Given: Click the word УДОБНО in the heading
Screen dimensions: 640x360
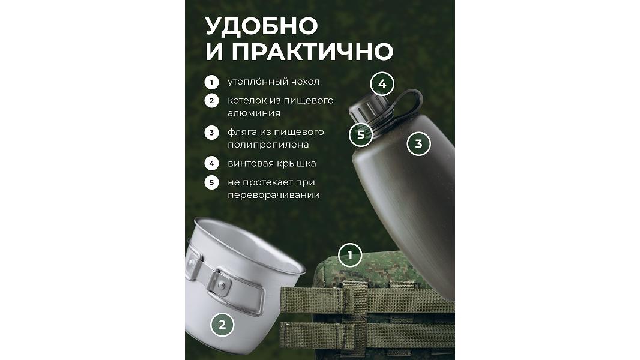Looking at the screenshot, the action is pyautogui.click(x=261, y=26).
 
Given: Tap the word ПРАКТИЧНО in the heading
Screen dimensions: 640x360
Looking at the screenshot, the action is pyautogui.click(x=313, y=52).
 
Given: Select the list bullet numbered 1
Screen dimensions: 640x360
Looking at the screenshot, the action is pyautogui.click(x=211, y=82).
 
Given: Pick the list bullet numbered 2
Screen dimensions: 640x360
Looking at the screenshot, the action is pyautogui.click(x=211, y=101).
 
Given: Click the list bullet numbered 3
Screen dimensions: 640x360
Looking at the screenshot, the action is pyautogui.click(x=211, y=133).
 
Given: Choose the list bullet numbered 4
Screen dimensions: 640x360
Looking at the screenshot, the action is pyautogui.click(x=211, y=163).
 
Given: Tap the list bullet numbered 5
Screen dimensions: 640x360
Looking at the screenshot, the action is pyautogui.click(x=211, y=182).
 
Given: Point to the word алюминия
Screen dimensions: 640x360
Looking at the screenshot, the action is pyautogui.click(x=254, y=113).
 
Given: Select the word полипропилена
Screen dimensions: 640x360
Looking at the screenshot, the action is pyautogui.click(x=268, y=145).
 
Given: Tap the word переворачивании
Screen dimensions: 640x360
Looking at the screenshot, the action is pyautogui.click(x=273, y=195).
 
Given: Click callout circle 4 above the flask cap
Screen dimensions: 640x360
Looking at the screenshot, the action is pyautogui.click(x=382, y=84).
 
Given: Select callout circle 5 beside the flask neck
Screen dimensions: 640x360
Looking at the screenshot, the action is pyautogui.click(x=361, y=134).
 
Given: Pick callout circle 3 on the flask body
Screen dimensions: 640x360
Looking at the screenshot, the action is pyautogui.click(x=419, y=143).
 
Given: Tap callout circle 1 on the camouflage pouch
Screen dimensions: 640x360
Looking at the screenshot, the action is pyautogui.click(x=350, y=255).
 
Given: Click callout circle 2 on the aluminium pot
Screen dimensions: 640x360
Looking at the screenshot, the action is pyautogui.click(x=222, y=325).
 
